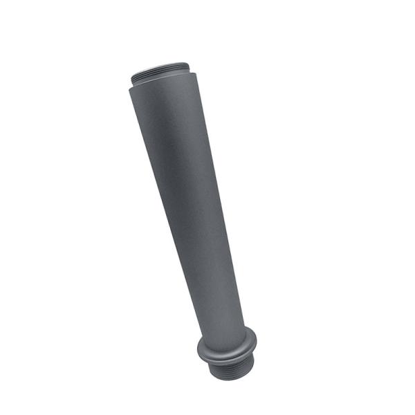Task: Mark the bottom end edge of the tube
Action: point(232,377)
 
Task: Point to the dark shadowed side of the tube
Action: point(207,207)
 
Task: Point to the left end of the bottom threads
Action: point(208,367)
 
